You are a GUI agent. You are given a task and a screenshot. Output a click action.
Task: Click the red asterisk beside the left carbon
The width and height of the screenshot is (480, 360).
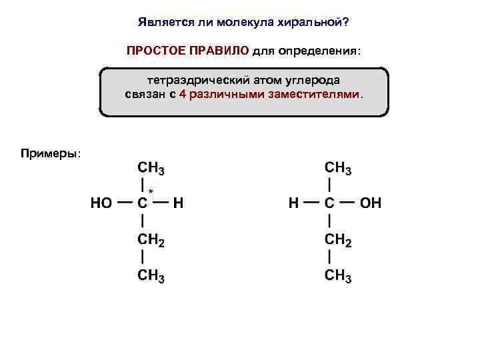(151, 192)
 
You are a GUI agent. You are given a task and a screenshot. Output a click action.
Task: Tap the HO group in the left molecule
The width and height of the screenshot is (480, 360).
(101, 203)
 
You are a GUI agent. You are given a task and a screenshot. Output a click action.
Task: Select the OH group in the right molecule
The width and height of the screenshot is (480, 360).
(371, 203)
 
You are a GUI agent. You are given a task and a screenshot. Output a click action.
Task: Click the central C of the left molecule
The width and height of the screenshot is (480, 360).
(143, 203)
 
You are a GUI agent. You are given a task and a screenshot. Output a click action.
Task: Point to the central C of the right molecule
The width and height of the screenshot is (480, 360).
(330, 203)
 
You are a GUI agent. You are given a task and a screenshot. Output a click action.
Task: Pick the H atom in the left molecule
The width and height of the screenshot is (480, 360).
(177, 203)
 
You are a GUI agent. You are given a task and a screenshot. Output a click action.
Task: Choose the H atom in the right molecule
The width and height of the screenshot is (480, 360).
(293, 203)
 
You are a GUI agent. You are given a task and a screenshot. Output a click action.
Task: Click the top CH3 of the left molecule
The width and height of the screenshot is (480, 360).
(151, 167)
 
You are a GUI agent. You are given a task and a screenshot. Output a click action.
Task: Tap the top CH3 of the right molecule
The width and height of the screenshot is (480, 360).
(338, 167)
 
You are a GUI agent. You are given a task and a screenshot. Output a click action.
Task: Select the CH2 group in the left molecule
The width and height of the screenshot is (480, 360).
(151, 239)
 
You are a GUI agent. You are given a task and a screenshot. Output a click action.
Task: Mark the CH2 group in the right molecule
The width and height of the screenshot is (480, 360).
(338, 239)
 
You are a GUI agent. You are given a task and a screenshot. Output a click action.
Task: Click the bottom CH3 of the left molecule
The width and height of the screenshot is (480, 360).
(151, 276)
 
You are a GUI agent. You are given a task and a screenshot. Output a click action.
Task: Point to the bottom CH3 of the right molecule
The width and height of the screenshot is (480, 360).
(338, 276)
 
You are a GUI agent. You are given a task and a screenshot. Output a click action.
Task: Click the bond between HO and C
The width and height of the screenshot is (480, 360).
(124, 203)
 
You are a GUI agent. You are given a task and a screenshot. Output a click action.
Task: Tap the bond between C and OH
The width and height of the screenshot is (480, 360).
(347, 203)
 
